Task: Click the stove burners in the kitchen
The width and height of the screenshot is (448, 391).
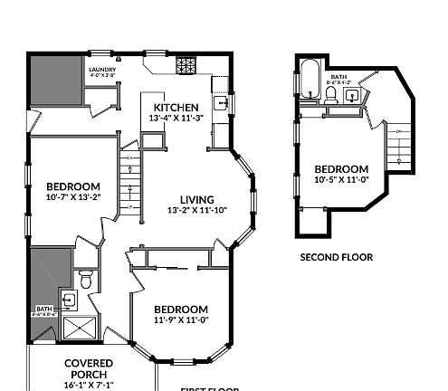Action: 186,66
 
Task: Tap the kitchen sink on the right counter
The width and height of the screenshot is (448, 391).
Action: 219,102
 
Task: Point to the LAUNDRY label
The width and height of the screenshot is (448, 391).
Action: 100,69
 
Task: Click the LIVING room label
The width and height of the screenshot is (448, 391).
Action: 196,200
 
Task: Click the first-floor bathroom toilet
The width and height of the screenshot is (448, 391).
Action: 86,279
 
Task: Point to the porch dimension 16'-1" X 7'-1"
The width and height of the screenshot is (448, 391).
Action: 89,385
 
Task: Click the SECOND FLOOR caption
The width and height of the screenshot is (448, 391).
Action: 336,257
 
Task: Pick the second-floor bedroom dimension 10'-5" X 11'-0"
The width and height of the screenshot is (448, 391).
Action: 342,181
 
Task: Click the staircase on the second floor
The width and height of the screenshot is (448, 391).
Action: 398,145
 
